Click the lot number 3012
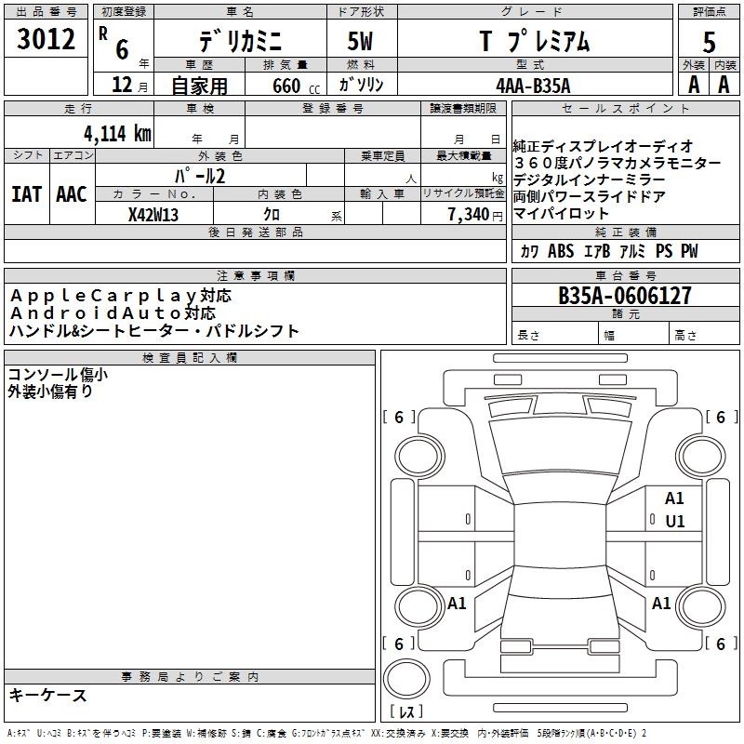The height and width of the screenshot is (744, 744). point(46,40)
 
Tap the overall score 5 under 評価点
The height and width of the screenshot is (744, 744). point(710,42)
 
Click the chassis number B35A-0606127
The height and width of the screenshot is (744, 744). point(625,296)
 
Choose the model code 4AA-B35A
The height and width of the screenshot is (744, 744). point(533,85)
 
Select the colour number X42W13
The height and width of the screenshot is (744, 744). point(153,215)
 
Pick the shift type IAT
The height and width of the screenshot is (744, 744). point(25,194)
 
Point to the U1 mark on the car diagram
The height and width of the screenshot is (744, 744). point(674,521)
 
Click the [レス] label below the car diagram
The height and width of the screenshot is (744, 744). point(405,712)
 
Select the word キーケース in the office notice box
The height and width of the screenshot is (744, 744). point(47,695)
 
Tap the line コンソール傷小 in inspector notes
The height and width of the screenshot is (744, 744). point(58,374)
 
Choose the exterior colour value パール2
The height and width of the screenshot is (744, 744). point(200,175)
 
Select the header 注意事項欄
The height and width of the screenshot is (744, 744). point(256,275)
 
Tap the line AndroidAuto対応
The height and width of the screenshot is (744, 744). point(113,312)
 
